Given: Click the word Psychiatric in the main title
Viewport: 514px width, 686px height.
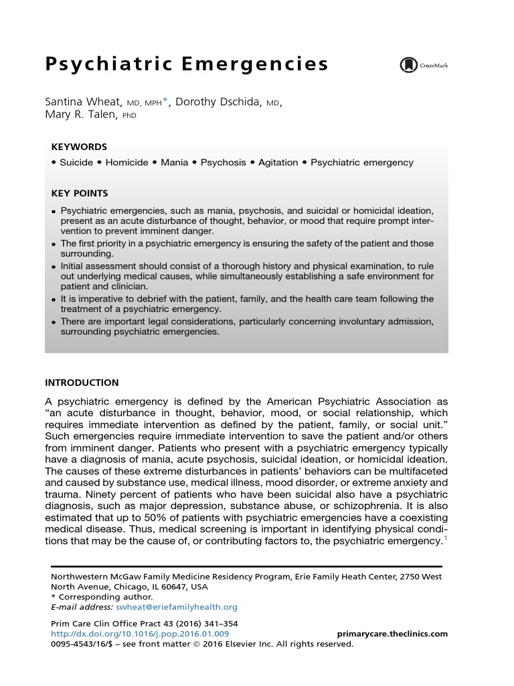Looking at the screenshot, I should [x=108, y=65].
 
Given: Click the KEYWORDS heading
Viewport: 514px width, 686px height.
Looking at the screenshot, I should [x=79, y=147].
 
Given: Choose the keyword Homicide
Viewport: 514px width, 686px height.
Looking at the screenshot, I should [x=126, y=162].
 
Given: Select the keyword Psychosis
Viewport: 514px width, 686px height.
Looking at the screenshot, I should [x=224, y=162].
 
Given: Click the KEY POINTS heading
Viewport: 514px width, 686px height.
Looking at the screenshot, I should [x=80, y=194].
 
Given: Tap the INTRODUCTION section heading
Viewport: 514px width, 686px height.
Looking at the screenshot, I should [x=82, y=383].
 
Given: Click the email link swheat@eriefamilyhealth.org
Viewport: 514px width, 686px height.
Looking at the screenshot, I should [x=177, y=607].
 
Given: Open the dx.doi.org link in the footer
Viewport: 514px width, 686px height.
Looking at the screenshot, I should [x=140, y=634].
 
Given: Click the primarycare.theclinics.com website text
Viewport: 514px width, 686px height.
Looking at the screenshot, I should [x=390, y=634].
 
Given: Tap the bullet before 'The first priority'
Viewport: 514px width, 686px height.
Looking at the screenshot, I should [x=54, y=245].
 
